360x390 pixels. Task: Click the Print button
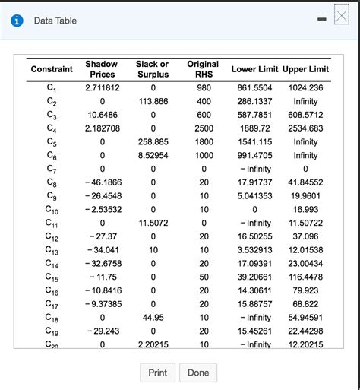coord(158,373)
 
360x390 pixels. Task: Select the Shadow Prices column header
coord(102,70)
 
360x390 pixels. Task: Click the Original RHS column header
coord(203,70)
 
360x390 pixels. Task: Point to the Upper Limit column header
coord(305,70)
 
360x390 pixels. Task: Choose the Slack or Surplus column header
coord(153,70)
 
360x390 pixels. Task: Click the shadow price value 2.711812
coord(102,87)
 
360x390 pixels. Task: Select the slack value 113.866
coord(153,101)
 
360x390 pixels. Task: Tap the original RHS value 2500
coord(203,128)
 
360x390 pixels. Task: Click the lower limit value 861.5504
coord(255,87)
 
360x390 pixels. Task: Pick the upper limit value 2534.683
coord(305,128)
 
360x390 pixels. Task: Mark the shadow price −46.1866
coord(102,182)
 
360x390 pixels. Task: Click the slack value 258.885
coord(153,142)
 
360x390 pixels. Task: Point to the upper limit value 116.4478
coord(305,277)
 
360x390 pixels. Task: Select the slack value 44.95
coord(153,318)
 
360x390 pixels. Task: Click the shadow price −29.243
coord(102,331)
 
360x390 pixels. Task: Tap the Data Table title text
coord(55,21)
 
